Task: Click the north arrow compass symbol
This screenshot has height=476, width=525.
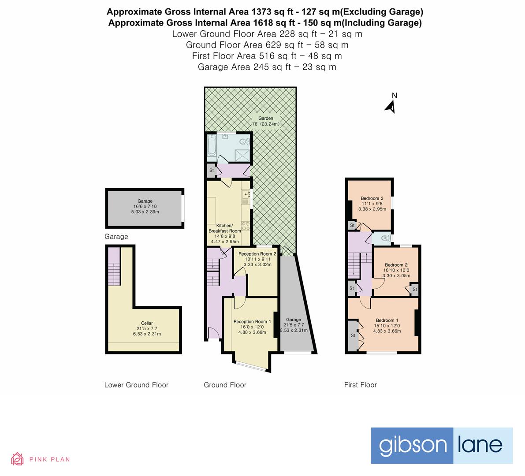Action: (x=390, y=104)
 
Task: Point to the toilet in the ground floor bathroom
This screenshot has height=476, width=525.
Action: (x=243, y=141)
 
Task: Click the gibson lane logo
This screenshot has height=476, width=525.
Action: (x=442, y=445)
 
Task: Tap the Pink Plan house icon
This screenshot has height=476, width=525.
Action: (x=17, y=459)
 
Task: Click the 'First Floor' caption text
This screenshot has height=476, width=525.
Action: (x=360, y=385)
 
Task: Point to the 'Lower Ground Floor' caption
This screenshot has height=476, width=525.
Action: (x=136, y=385)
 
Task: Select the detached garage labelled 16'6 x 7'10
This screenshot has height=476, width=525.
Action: (x=145, y=208)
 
